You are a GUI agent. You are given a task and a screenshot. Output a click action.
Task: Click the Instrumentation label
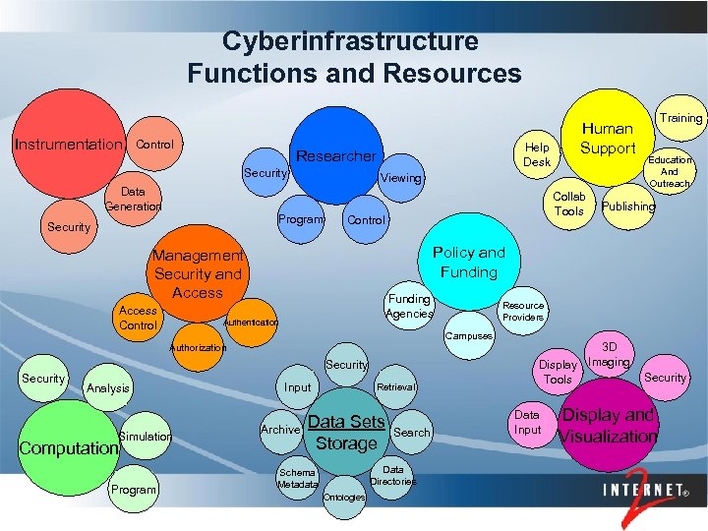tap(67, 145)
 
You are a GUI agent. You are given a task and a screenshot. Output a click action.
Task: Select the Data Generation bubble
tap(133, 199)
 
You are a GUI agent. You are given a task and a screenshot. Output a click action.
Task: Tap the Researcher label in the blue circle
tap(335, 155)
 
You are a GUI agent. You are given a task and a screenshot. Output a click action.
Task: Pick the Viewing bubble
tap(401, 178)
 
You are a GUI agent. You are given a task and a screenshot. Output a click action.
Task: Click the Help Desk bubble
tap(537, 153)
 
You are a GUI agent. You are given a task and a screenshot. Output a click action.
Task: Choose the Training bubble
tap(680, 118)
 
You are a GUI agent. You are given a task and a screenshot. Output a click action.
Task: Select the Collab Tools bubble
tap(569, 204)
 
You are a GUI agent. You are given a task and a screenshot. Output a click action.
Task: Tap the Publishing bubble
tap(628, 206)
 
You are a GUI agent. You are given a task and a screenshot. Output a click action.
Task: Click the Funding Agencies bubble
tap(409, 306)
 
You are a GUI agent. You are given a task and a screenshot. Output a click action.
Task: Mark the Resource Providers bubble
tap(523, 311)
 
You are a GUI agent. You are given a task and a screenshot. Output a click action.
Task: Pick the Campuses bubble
tap(469, 336)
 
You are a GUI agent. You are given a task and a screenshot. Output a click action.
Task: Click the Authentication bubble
tap(251, 322)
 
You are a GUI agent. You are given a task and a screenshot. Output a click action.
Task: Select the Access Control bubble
tap(138, 318)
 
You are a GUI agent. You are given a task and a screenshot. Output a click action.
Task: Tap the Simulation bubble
tap(145, 436)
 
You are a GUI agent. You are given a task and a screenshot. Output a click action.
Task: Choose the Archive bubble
tap(280, 430)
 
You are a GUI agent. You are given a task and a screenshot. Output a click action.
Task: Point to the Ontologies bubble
tap(344, 497)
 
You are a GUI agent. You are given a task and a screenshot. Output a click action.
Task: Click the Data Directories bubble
tap(392, 476)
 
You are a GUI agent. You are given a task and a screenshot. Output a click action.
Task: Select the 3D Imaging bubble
tap(609, 355)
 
